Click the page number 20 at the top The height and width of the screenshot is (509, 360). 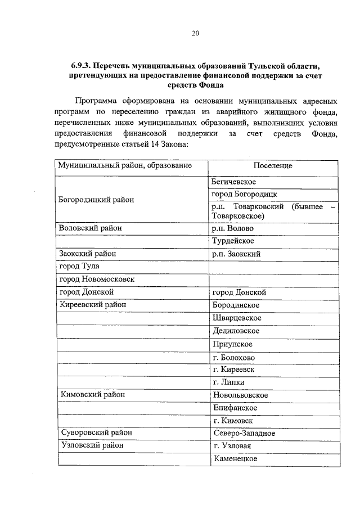pos(195,33)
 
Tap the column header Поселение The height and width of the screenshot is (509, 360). pos(273,166)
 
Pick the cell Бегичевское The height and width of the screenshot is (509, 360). pos(234,182)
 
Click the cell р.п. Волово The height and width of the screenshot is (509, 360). pos(233,228)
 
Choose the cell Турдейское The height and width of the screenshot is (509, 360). pos(233,241)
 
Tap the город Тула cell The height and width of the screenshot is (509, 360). pos(79,267)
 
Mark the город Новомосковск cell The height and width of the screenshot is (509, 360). pos(97,280)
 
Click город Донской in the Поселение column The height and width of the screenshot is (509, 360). pos(239,292)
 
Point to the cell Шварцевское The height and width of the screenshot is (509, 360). pos(237,318)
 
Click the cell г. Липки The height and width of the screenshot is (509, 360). pos(228,382)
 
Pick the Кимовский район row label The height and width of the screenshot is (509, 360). pos(92,395)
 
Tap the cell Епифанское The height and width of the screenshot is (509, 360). pos(236,407)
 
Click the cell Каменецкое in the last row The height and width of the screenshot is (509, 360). pos(236,459)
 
